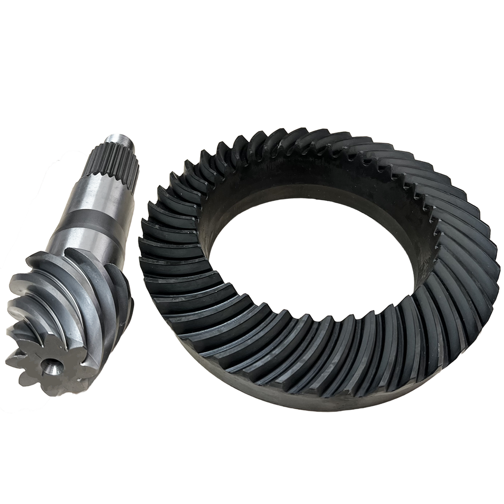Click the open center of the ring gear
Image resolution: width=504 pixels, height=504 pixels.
click(x=315, y=256)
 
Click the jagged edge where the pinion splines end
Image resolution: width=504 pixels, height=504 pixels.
click(x=106, y=175)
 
